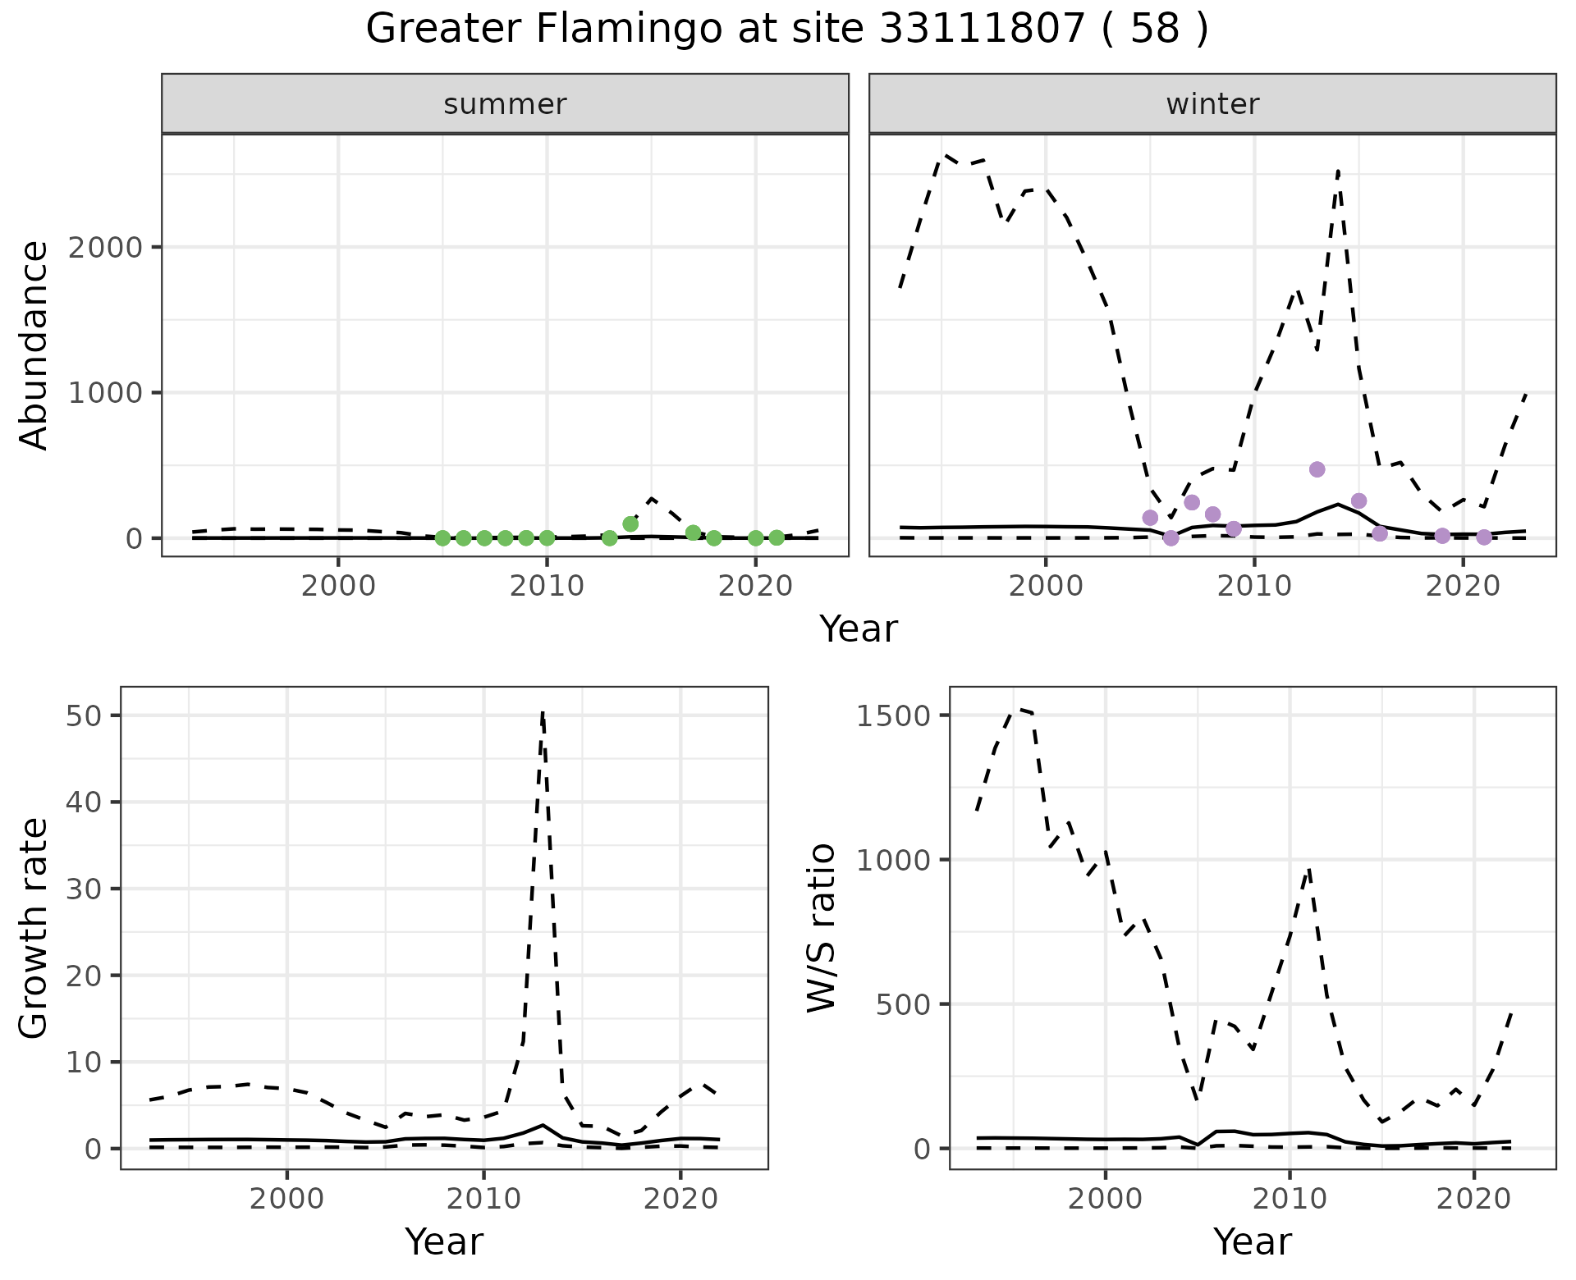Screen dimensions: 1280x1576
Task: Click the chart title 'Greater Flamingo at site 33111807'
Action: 786,30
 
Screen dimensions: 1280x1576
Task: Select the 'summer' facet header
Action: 505,104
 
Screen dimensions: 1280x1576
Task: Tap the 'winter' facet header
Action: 1212,104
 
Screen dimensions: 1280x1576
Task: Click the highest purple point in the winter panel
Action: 1317,469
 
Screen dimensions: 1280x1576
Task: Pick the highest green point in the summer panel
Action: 630,523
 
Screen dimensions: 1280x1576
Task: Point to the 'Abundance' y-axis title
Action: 34,345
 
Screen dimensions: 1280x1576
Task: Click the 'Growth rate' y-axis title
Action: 34,927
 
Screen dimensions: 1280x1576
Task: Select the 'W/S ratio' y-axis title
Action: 822,927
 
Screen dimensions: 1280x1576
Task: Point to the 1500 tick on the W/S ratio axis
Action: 891,715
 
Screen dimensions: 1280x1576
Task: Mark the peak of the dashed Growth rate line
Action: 543,714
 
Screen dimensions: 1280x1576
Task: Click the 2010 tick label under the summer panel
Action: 547,587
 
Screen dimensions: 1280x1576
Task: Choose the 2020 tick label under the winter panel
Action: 1463,587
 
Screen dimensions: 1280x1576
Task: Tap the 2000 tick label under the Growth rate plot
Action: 286,1199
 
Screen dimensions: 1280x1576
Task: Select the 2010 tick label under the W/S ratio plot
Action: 1290,1199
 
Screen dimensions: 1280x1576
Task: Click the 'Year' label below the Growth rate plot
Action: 444,1241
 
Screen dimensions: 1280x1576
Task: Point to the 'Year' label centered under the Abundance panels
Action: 859,629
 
